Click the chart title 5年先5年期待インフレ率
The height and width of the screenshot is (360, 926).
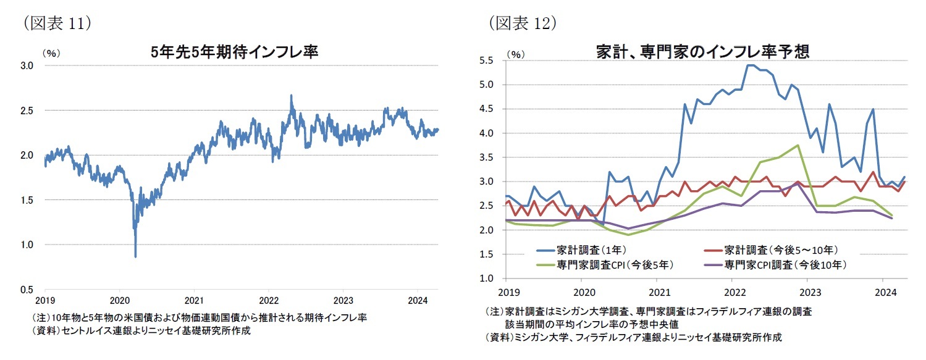(235, 52)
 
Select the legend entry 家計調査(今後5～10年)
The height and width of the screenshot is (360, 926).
(781, 250)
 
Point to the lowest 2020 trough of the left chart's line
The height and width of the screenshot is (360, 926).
(135, 256)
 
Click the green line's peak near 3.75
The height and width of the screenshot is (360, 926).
(798, 145)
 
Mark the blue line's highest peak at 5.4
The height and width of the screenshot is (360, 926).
(750, 65)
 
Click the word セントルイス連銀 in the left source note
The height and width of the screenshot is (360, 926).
(91, 331)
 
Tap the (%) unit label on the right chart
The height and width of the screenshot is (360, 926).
(515, 54)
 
